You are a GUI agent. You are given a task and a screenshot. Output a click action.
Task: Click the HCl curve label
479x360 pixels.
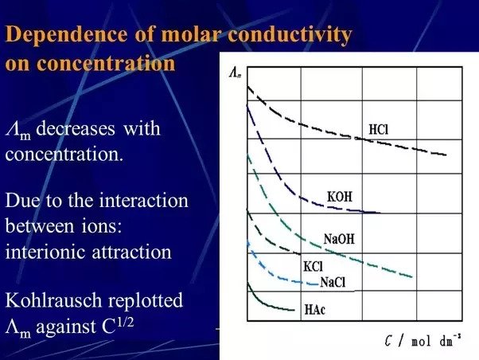[x=379, y=129]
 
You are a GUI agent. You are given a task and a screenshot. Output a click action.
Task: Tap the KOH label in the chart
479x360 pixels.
[x=340, y=197]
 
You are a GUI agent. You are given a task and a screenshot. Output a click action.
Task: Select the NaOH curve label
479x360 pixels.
[x=339, y=239]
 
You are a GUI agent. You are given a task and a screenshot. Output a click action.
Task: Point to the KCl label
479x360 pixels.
[x=313, y=266]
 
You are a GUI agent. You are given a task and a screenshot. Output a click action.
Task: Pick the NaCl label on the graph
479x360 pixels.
[x=333, y=282]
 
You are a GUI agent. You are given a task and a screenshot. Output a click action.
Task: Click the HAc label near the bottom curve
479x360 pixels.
[x=315, y=310]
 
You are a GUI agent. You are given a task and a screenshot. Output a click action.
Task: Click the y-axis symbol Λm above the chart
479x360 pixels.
[x=235, y=73]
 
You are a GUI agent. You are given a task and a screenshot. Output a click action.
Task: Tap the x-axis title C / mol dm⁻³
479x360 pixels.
[x=423, y=340]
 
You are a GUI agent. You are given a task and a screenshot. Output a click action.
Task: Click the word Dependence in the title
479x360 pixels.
[x=66, y=34]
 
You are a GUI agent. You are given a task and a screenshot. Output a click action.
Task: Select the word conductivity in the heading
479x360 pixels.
[x=290, y=34]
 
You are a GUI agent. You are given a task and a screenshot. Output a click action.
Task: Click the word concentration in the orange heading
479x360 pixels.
[x=106, y=64]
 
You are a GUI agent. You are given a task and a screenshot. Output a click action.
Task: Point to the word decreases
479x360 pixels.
[x=76, y=128]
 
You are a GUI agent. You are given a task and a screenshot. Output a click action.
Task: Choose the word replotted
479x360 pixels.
[x=146, y=301]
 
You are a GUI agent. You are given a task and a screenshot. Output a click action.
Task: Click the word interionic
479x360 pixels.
[x=45, y=252]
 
